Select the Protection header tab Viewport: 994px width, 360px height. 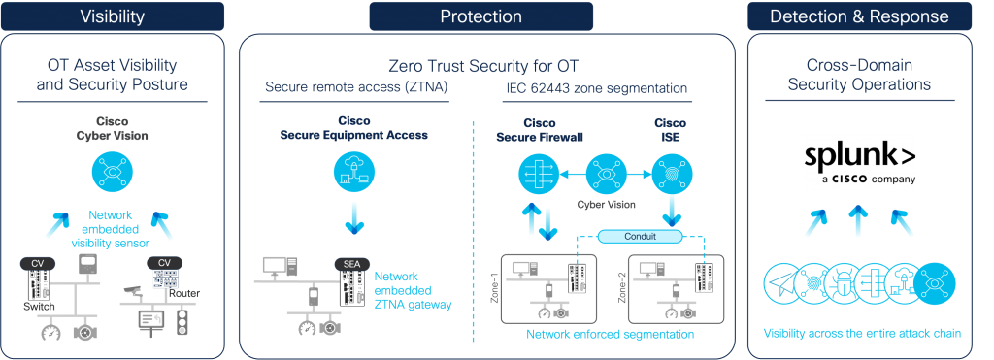tap(480, 16)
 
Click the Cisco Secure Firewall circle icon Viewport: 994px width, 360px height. tap(533, 175)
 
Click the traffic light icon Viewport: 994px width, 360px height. tap(182, 322)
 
